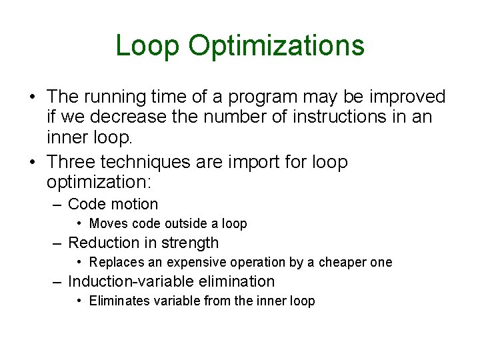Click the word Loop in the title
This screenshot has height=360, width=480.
click(x=147, y=46)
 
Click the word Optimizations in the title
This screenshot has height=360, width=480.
click(x=276, y=46)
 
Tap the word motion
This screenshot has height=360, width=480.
click(x=133, y=204)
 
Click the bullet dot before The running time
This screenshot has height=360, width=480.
click(x=32, y=98)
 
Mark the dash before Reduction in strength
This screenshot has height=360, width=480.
click(x=58, y=243)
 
